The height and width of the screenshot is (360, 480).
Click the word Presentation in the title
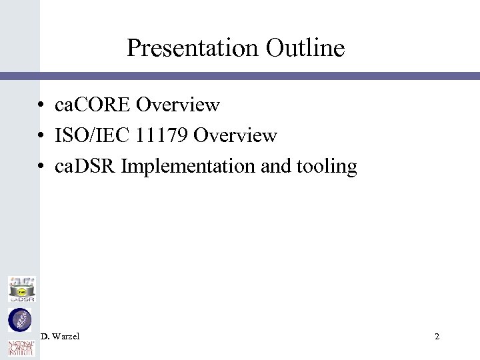pos(188,48)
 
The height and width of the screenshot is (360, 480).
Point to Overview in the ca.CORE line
pos(178,105)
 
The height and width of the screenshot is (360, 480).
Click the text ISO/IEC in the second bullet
pos(87,136)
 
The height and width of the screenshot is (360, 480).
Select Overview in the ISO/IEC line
pos(235,136)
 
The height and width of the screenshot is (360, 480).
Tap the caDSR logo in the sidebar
pos(21,289)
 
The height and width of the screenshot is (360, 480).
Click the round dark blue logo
pos(20,320)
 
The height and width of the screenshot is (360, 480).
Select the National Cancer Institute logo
pos(20,348)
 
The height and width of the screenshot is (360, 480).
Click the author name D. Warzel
pos(60,337)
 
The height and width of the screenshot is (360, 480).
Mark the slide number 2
pos(437,337)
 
